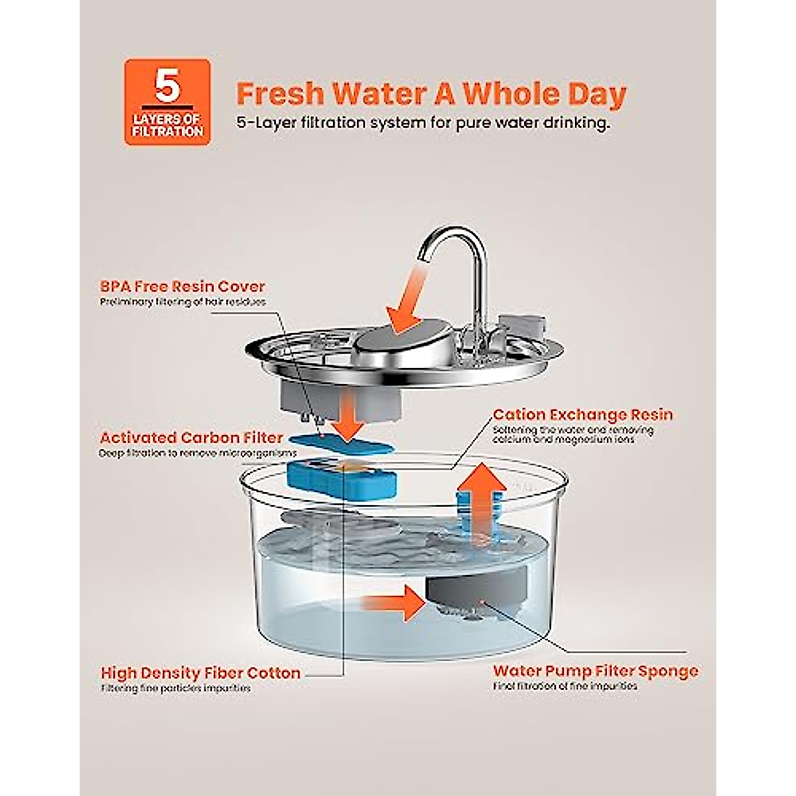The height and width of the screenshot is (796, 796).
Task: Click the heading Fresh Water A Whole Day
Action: point(431,94)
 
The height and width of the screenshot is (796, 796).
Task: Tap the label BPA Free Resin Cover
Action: point(182,287)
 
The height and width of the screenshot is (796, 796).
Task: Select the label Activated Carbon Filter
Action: point(192,438)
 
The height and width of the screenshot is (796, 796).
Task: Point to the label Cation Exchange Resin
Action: point(582,415)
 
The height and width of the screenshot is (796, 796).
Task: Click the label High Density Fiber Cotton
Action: point(200,673)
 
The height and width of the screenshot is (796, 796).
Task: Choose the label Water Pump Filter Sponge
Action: point(595,671)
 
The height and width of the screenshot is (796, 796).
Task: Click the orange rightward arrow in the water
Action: point(391,603)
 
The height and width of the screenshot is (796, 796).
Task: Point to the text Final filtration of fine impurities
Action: point(564,687)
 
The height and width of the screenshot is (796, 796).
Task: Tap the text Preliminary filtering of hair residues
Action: point(182,302)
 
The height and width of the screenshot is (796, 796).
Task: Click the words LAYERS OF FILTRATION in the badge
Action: point(167,125)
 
